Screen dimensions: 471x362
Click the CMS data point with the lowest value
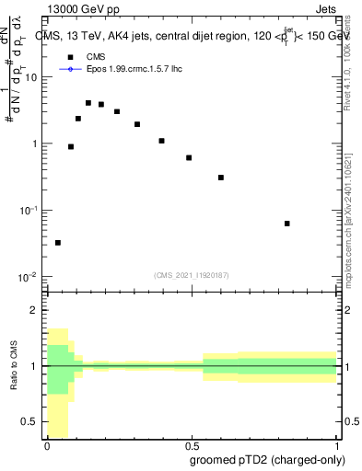tap(58, 243)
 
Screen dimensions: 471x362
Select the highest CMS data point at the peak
tap(88, 103)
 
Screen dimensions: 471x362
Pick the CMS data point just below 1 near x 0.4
tap(161, 141)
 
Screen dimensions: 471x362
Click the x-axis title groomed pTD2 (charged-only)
tap(266, 459)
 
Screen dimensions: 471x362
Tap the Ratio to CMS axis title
tap(14, 366)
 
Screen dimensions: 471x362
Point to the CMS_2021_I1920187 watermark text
tap(192, 274)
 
